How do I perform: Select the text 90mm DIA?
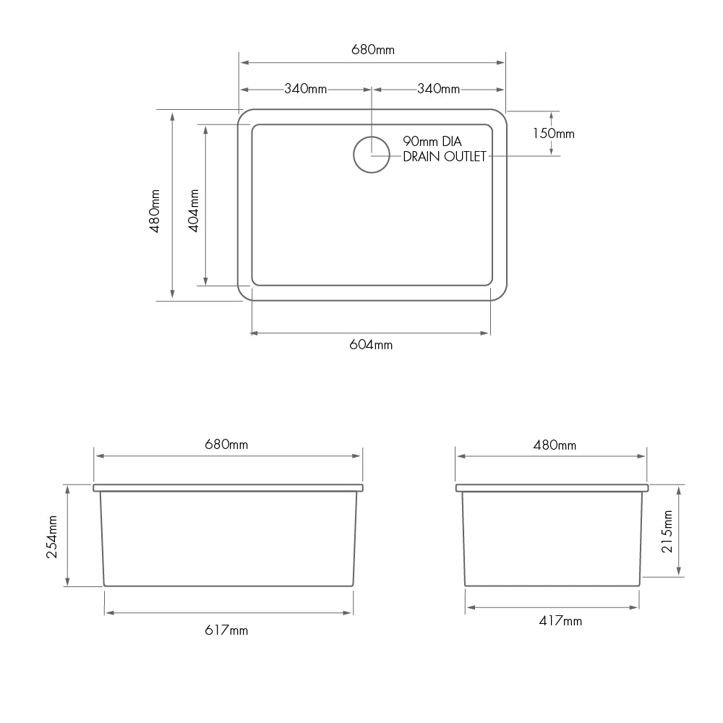pos(432,142)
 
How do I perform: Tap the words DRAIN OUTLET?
pos(444,156)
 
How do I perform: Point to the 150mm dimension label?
pos(553,133)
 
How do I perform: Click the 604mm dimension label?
pos(371,345)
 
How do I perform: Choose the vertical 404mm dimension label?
pos(194,210)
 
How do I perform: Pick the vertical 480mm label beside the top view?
pos(154,210)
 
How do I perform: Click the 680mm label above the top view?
pos(372,50)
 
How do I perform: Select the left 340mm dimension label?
pos(305,89)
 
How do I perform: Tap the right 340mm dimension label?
pos(438,89)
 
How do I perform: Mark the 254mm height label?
pos(52,536)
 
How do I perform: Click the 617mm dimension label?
pos(226,630)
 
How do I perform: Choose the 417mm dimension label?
pos(560,620)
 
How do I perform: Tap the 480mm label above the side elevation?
pos(555,445)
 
